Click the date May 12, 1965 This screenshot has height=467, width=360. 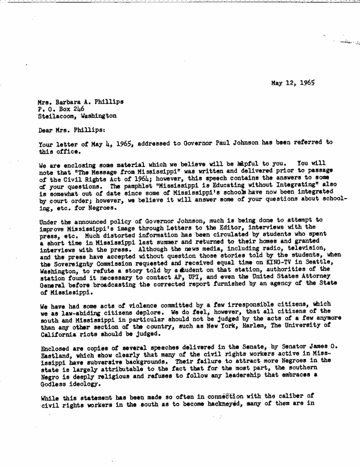[293, 83]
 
